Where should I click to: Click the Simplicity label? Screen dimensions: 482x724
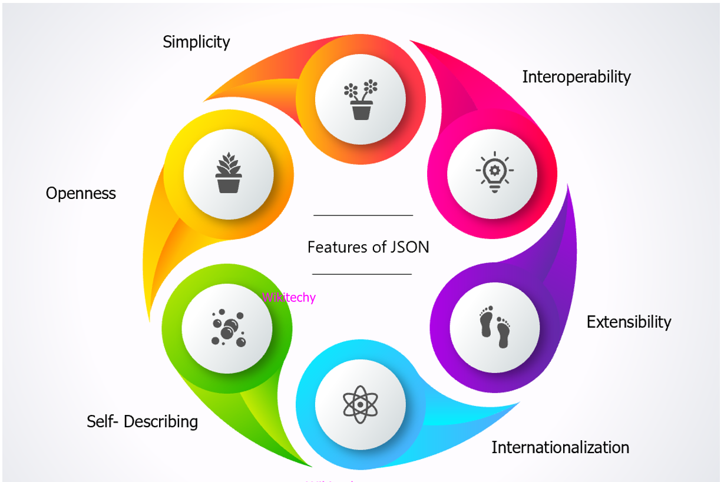point(196,42)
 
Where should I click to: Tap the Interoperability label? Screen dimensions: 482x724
point(576,77)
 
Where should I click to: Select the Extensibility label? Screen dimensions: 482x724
point(629,322)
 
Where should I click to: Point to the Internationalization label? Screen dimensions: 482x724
point(560,447)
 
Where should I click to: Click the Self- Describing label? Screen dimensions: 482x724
point(143,421)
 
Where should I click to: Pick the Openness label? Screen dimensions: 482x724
point(81,193)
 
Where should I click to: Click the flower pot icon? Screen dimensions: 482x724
point(361,100)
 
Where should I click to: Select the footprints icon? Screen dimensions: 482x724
point(495,327)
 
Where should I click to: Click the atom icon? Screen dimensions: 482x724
point(360,404)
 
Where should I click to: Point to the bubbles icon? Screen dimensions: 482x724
point(227,328)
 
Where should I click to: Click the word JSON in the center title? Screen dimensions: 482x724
point(409,247)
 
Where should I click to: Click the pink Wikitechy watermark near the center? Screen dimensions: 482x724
point(289,297)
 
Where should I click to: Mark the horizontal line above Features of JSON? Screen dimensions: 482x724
point(363,215)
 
